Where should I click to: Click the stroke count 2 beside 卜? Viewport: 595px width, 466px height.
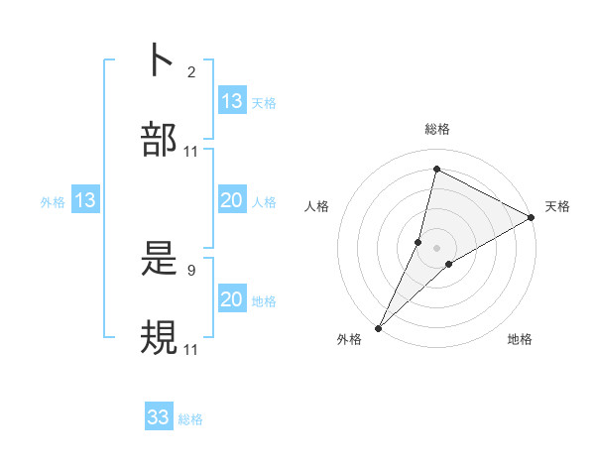click(191, 72)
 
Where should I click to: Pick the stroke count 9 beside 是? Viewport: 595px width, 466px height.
click(191, 270)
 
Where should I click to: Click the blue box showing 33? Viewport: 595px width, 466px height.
click(159, 417)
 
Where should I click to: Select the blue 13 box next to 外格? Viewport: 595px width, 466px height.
click(85, 200)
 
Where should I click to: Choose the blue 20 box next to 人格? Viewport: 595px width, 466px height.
click(232, 200)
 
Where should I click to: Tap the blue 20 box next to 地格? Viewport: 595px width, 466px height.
click(232, 299)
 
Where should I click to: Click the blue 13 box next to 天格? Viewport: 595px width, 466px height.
click(232, 100)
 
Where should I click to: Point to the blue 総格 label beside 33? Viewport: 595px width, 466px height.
click(190, 419)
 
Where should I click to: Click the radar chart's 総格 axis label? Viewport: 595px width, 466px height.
click(437, 129)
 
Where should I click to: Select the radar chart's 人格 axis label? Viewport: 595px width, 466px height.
click(317, 206)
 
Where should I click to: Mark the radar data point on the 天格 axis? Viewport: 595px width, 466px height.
click(532, 217)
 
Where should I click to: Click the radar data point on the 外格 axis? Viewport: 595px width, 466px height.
click(378, 327)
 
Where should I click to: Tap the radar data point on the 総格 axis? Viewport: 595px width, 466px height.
click(436, 170)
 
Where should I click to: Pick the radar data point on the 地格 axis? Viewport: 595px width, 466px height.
click(449, 264)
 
